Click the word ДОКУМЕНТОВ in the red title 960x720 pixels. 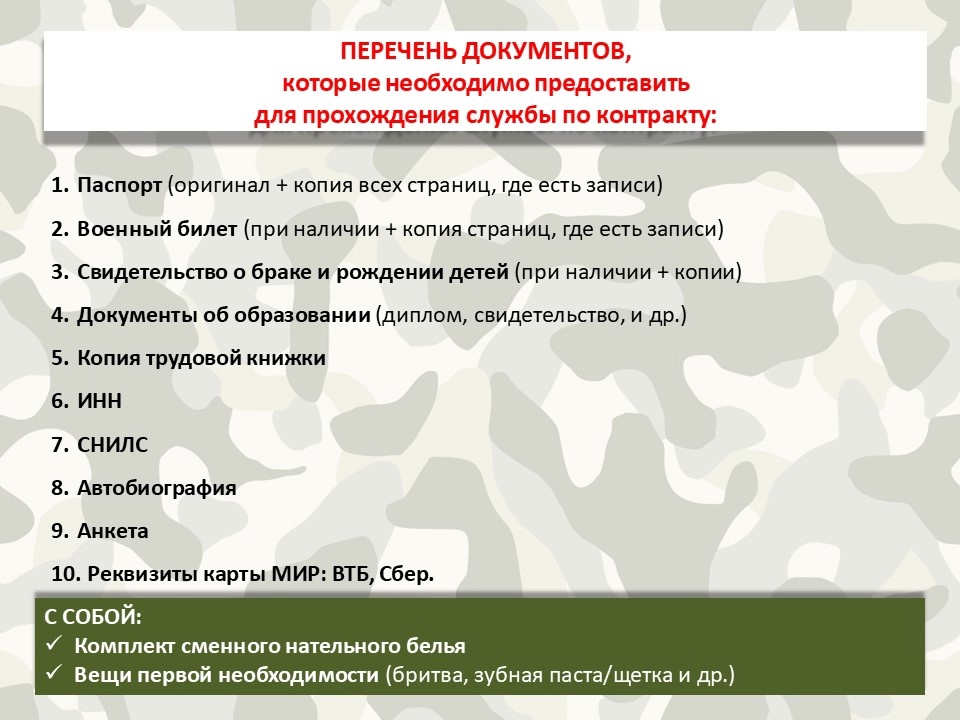(x=546, y=51)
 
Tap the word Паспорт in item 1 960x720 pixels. (x=119, y=185)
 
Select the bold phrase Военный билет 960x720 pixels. (x=157, y=229)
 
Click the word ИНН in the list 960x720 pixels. (x=99, y=401)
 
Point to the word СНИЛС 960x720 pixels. (x=113, y=444)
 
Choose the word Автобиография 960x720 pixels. (x=157, y=488)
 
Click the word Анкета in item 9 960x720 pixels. (x=113, y=531)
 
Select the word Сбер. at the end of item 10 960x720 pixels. (x=407, y=574)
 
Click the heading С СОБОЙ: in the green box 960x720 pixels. (x=93, y=617)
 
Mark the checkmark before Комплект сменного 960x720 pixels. (x=54, y=643)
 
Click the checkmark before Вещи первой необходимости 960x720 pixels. (x=54, y=672)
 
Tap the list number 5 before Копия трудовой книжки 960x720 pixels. (x=59, y=358)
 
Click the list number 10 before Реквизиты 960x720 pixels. (x=66, y=574)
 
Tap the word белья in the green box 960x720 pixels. (x=435, y=646)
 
